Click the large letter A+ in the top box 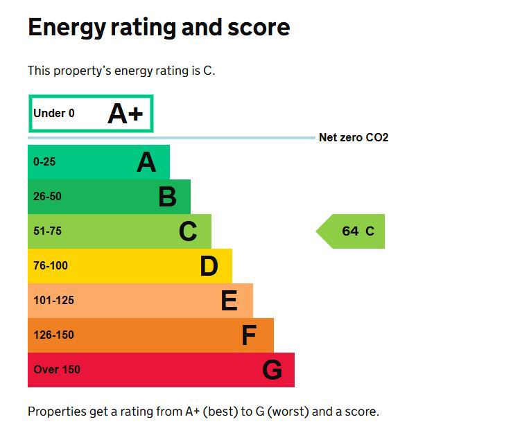[x=125, y=114]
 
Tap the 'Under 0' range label [x=53, y=114]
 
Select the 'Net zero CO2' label [x=353, y=138]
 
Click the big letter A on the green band [x=146, y=162]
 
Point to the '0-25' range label [x=44, y=162]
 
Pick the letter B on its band [x=167, y=197]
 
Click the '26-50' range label [x=47, y=197]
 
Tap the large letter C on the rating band [x=188, y=231]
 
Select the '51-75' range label [x=47, y=231]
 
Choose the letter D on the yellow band [x=209, y=266]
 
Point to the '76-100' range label [x=51, y=266]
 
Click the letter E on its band [x=229, y=301]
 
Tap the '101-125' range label [x=53, y=301]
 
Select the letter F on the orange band [x=249, y=335]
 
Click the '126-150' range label [x=53, y=335]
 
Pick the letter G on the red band [x=272, y=370]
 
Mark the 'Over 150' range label [x=56, y=370]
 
